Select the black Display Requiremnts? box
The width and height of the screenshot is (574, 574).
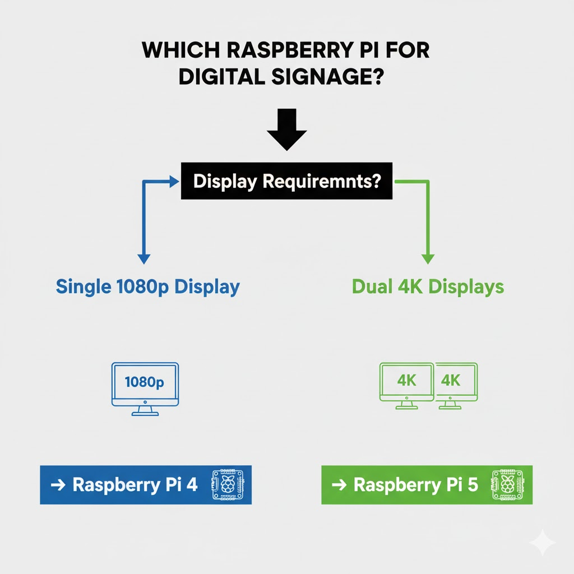(286, 182)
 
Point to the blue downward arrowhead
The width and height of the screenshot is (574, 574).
(143, 258)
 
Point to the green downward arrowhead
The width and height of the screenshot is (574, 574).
(428, 258)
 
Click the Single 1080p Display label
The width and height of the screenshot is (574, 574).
(147, 287)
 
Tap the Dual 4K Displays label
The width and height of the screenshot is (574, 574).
(428, 287)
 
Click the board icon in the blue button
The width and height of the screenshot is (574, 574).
(228, 484)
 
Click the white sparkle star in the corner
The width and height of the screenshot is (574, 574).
(542, 543)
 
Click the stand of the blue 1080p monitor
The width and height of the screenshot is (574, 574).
(145, 411)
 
